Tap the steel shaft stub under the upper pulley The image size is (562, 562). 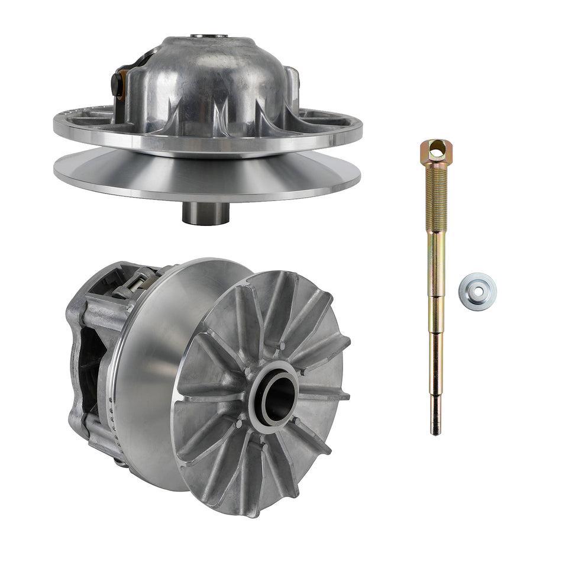pyautogui.click(x=205, y=213)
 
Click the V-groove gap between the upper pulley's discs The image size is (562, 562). pyautogui.click(x=207, y=152)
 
